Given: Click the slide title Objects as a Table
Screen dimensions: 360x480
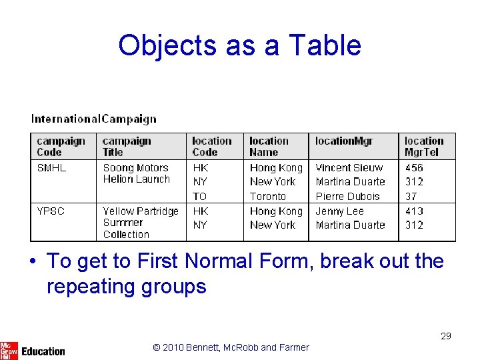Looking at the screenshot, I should (x=239, y=45).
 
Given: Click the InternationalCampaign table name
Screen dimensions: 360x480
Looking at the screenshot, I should (x=94, y=119).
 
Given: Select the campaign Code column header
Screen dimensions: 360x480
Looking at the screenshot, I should (x=61, y=147).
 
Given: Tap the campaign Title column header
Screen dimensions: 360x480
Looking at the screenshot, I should (x=127, y=147).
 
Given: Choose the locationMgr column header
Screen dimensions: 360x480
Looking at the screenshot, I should (x=344, y=141).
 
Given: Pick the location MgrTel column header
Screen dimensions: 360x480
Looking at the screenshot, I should (x=424, y=147).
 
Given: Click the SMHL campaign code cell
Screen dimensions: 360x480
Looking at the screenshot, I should (x=51, y=168).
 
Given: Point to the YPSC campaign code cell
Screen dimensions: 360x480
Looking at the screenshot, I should (x=51, y=211).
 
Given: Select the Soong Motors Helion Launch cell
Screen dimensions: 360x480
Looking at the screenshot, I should (x=136, y=173).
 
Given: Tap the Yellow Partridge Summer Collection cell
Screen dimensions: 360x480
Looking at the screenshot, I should (x=140, y=223).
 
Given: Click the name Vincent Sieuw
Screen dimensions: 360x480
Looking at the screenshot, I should (x=349, y=168).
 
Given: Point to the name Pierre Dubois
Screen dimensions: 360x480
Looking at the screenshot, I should (x=347, y=197).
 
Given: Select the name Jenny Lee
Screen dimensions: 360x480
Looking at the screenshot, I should (x=339, y=211).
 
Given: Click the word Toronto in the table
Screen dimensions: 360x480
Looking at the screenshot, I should (x=267, y=197).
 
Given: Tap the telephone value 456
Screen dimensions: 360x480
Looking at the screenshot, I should (x=414, y=168).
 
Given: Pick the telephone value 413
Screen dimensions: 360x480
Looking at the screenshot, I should (x=414, y=211).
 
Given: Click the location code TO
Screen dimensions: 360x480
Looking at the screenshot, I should (x=200, y=197).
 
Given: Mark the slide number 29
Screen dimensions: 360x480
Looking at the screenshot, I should (x=446, y=336).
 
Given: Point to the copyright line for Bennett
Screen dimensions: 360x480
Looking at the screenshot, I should (x=231, y=347).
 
